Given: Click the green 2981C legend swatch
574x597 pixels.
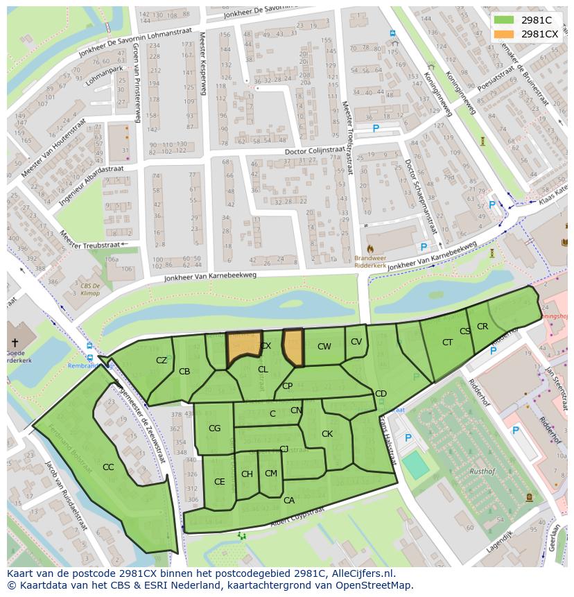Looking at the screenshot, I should pos(504,20).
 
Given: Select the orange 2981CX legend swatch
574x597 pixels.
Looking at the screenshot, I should pos(504,34).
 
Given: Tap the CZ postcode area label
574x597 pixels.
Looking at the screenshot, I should pos(162,360).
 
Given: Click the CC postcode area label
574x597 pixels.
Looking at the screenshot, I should pos(108,467).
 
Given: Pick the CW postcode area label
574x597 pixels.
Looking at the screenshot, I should pos(324,347).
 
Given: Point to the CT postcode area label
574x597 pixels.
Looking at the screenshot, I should pos(447,342).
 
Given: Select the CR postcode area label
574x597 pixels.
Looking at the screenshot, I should pos(482,327).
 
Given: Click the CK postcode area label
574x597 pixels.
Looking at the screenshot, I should pos(327,434).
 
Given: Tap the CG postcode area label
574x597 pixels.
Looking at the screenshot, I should pos(214,429).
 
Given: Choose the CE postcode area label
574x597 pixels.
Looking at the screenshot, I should pos(219,481).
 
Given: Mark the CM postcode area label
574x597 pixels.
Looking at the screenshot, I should pos(271,474).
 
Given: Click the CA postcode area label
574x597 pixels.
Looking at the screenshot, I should pos(289,500).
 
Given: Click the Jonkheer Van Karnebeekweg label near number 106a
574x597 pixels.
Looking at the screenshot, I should pos(210,276).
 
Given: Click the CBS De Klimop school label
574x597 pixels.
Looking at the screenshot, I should pos(89,289).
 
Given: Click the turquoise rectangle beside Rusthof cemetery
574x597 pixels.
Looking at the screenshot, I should pos(416,465).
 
